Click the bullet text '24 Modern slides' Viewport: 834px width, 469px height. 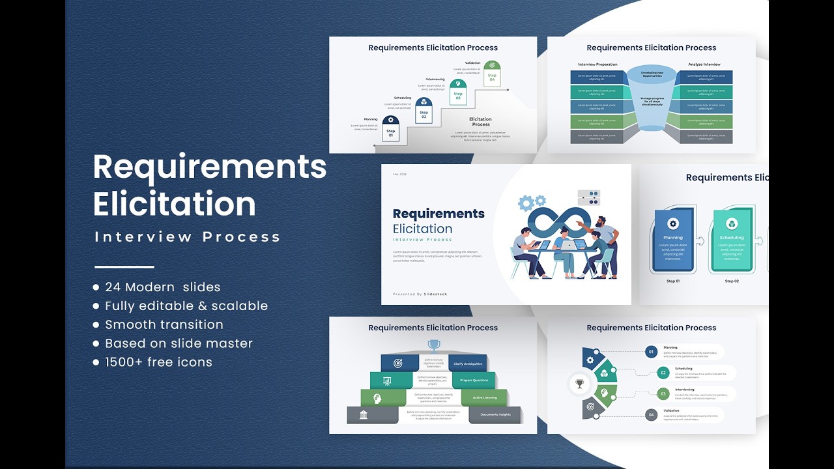tap(162, 287)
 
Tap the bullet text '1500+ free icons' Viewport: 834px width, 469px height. tap(158, 362)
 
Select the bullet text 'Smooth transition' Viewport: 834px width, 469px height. tap(164, 324)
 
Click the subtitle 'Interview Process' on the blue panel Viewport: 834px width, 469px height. tap(188, 237)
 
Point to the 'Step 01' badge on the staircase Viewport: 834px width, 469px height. tap(391, 129)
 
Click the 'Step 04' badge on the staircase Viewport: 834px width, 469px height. tap(492, 73)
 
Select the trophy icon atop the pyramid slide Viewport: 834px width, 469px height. tap(433, 345)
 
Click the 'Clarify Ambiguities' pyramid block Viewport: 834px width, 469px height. tap(468, 363)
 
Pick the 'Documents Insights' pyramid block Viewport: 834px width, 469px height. tap(495, 415)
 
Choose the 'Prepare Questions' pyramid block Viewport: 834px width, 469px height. tap(474, 380)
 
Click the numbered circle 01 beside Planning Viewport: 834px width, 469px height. tap(650, 352)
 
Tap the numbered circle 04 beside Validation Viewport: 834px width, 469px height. tap(650, 414)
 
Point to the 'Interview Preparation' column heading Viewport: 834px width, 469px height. tap(597, 64)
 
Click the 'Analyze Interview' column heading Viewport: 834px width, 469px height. tap(704, 64)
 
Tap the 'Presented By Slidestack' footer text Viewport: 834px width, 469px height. tap(420, 294)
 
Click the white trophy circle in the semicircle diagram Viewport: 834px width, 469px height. tap(579, 384)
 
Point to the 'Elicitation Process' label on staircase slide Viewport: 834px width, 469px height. tap(480, 122)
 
